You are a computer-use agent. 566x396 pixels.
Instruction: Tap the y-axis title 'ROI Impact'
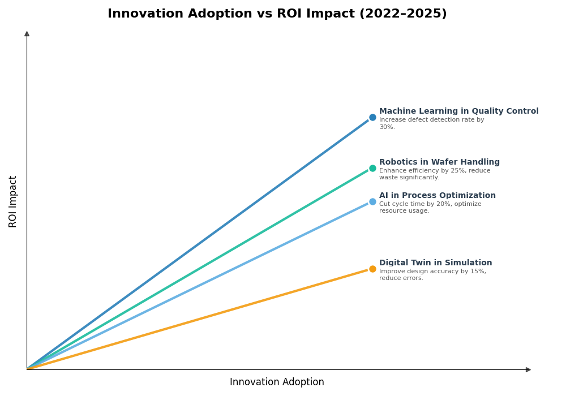coord(13,201)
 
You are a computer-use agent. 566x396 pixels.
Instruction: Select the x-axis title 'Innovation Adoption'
coord(277,382)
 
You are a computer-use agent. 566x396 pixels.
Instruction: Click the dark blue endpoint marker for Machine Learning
coord(372,118)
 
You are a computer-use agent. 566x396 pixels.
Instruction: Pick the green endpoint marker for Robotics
coord(372,168)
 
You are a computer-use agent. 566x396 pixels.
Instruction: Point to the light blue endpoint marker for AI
coord(372,202)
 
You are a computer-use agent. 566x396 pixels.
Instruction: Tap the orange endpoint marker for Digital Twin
coord(372,269)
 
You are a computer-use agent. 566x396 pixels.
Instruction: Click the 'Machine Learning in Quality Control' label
coord(458,111)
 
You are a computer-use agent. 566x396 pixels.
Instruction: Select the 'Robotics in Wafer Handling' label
coord(439,162)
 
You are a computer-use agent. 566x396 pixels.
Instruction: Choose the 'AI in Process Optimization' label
coord(437,196)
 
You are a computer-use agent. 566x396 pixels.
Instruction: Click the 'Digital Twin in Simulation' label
coord(435,263)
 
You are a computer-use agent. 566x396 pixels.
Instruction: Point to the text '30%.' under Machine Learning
coord(387,127)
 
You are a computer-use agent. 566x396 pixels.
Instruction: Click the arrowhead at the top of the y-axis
coord(27,34)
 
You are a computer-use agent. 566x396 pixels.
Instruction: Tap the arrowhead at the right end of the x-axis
coord(528,369)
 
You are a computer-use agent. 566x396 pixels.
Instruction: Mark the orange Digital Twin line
coord(198,319)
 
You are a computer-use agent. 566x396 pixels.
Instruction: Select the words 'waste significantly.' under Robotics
coord(409,178)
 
